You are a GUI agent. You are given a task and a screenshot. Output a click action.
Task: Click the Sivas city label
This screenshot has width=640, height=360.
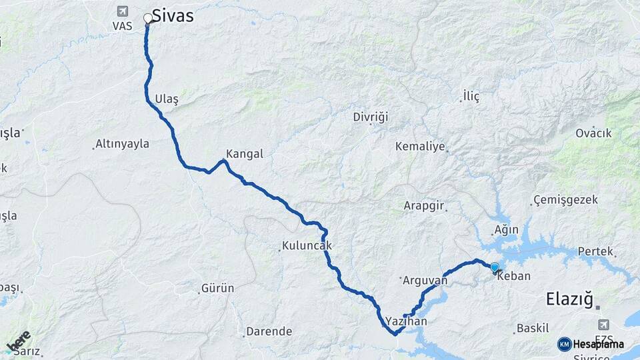coord(173,15)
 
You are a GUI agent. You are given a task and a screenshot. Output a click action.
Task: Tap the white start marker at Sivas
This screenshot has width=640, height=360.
coord(148,19)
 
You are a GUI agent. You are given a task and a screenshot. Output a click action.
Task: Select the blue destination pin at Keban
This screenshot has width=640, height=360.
coord(494,268)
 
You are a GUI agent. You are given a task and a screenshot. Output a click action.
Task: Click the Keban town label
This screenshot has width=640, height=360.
coord(514,276)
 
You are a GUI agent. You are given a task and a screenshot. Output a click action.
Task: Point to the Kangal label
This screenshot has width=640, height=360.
coord(245,154)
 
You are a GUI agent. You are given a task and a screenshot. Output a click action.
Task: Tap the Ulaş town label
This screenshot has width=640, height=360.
coord(167,99)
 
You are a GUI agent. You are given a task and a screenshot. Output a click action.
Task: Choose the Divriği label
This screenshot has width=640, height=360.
coord(370,117)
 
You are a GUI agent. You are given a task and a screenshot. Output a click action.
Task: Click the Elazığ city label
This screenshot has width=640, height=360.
coord(569,299)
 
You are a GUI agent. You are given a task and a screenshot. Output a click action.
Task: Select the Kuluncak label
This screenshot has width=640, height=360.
coord(307,246)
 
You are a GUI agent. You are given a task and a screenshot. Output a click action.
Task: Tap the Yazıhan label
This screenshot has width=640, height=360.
coord(406,321)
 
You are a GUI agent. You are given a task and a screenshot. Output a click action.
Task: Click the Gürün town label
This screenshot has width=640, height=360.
coord(217,289)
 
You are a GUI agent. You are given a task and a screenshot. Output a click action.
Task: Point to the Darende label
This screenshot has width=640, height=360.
coord(269,331)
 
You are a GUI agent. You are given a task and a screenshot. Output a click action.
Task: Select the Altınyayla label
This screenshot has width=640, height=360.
coord(122,144)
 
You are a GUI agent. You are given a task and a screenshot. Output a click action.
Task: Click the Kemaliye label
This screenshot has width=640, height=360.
coord(419,146)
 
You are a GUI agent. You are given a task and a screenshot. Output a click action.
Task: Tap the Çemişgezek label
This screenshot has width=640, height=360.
coord(566,200)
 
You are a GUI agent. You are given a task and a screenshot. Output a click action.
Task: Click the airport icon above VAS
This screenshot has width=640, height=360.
coord(122,11)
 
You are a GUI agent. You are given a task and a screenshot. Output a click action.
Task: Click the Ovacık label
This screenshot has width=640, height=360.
coord(593,133)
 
